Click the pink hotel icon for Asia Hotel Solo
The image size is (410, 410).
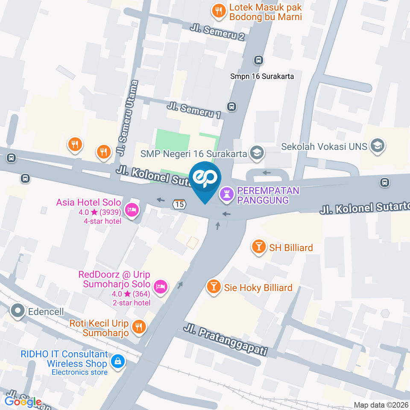[132, 209]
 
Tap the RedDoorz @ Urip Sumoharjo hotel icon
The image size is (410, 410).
[160, 285]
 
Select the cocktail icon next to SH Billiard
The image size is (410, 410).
[258, 247]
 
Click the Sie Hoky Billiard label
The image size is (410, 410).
[258, 287]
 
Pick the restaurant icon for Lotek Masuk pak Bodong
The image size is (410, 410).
[219, 11]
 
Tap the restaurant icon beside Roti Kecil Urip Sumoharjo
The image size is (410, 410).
[138, 327]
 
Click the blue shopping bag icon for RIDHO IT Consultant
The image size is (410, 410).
[117, 361]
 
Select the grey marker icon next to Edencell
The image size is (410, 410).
[18, 311]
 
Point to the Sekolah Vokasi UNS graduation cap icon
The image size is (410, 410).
[378, 146]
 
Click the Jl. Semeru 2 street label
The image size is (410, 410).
[218, 32]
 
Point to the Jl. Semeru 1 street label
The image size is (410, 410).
[194, 110]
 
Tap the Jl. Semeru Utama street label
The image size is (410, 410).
[129, 118]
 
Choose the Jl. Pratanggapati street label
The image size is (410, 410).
[225, 340]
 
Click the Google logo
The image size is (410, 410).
[23, 401]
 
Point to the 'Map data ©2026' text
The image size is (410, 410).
[381, 404]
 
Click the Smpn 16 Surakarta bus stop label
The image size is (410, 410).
[262, 76]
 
